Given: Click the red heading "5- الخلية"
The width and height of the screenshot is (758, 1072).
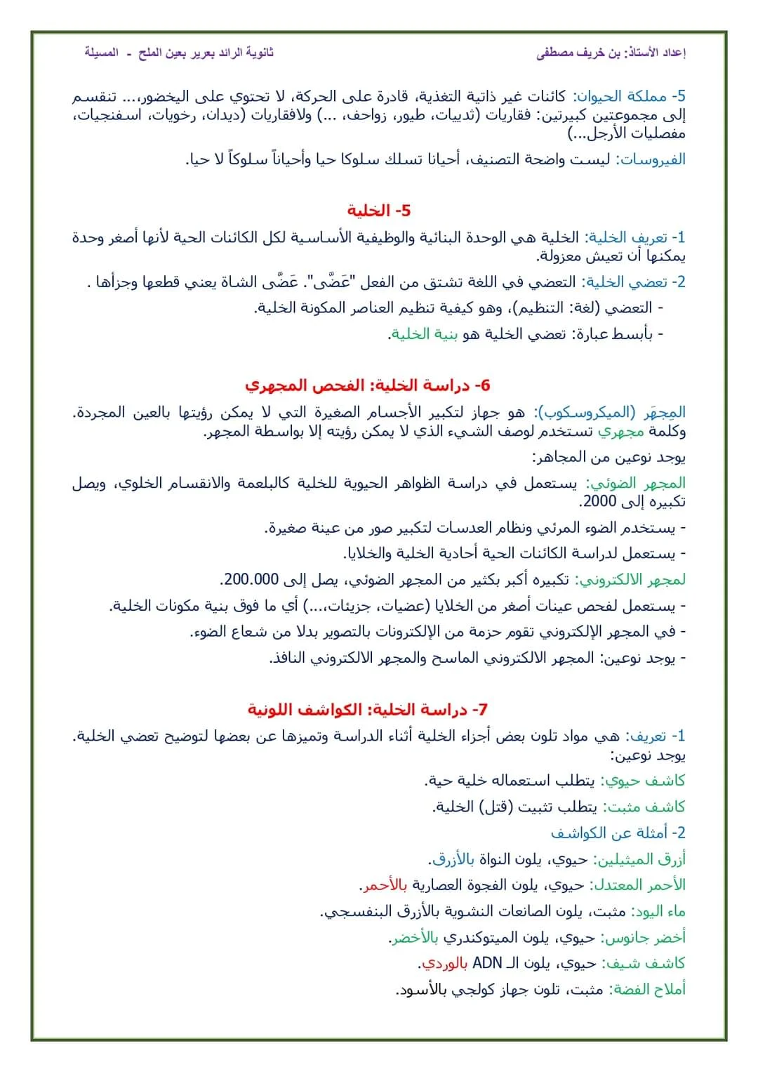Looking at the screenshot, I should pos(378,211).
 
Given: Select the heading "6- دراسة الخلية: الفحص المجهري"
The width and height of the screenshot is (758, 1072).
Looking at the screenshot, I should pos(367,385).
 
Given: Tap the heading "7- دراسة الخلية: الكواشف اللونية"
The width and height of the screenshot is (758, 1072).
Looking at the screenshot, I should pos(367,710).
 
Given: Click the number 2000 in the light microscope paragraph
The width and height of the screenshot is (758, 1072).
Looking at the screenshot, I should pos(599,502).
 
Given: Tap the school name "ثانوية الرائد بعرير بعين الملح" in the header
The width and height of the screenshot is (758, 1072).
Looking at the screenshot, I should pos(206,53).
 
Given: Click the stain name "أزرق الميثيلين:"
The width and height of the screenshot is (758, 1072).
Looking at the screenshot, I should pos(639,859).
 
